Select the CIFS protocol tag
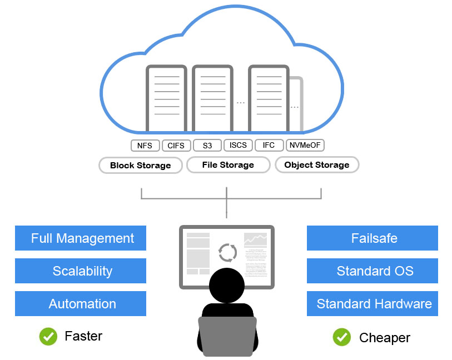[177, 146]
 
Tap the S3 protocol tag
[207, 146]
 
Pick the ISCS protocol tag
[238, 146]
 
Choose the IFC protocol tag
[269, 146]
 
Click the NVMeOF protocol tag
[305, 146]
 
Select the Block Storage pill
[140, 166]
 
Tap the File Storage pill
[228, 165]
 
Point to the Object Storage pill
[317, 165]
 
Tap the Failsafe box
[372, 238]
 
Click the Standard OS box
[372, 271]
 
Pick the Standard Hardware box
[372, 304]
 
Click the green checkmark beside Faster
[48, 336]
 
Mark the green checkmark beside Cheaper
[342, 337]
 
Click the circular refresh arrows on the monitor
[227, 252]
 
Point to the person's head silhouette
[227, 285]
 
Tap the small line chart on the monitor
[255, 240]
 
